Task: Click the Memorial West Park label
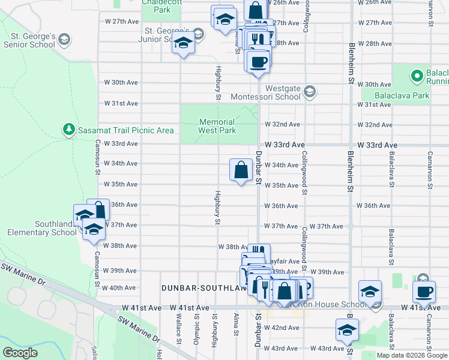tap(217, 125)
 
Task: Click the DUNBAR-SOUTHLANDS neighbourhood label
tap(204, 288)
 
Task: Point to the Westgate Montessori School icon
tap(309, 92)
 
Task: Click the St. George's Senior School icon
tap(64, 40)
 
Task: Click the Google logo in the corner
tap(20, 352)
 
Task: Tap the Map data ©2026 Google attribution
tap(412, 355)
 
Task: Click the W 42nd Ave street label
tap(285, 328)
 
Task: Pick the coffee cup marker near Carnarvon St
tap(426, 292)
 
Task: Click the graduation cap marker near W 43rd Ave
tap(347, 331)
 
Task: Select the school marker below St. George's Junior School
tap(184, 44)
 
